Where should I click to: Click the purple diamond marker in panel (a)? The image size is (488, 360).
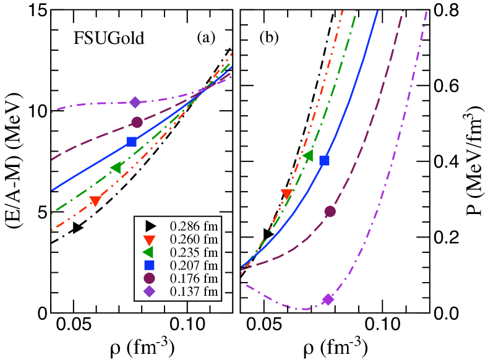point(135,102)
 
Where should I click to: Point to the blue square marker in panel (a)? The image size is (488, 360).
point(131,142)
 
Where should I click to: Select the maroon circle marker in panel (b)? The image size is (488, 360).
point(330,212)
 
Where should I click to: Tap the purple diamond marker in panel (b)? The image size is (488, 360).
point(328,299)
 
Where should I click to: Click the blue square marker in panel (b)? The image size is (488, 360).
point(324,161)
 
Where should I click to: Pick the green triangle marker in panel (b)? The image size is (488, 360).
point(308,155)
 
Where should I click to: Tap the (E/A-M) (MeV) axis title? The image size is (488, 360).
point(14,161)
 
